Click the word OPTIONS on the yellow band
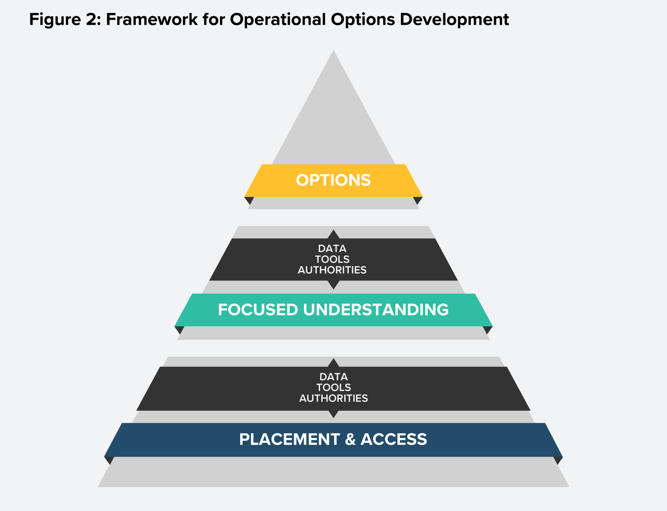pyautogui.click(x=333, y=180)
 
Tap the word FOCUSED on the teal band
pyautogui.click(x=258, y=310)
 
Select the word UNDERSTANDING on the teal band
pyautogui.click(x=376, y=310)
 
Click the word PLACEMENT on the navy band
pyautogui.click(x=289, y=439)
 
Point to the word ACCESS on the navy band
pyautogui.click(x=394, y=439)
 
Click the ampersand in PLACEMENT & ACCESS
pyautogui.click(x=350, y=439)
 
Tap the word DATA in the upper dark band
pyautogui.click(x=332, y=249)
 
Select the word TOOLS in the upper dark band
pyautogui.click(x=332, y=259)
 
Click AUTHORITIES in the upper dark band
pyautogui.click(x=332, y=270)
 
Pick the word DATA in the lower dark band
pyautogui.click(x=333, y=377)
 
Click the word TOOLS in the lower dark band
pyautogui.click(x=333, y=387)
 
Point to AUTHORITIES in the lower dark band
pyautogui.click(x=333, y=398)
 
